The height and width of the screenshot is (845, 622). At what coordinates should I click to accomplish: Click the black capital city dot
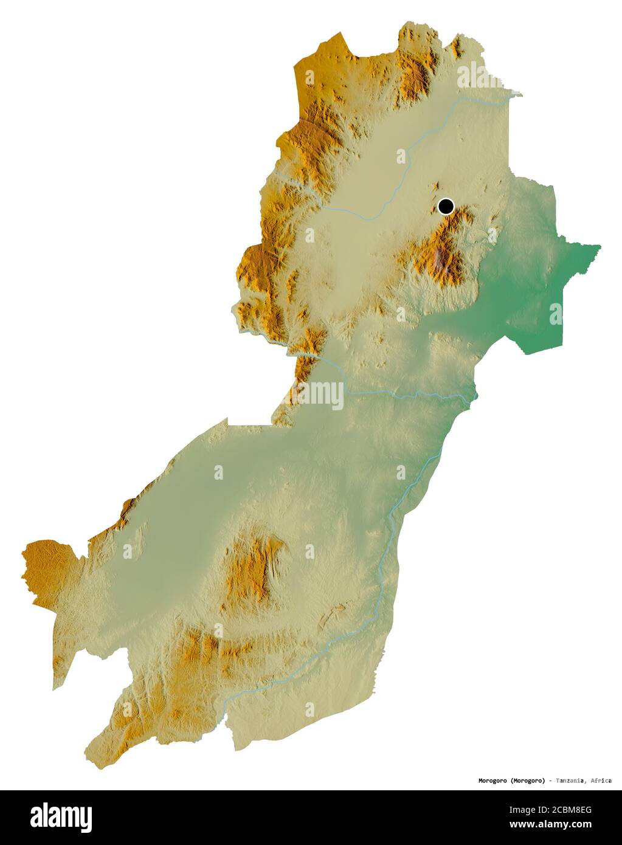446,207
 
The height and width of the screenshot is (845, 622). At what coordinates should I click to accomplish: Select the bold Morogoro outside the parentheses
493,781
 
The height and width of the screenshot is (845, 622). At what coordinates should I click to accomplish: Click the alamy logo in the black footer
61,817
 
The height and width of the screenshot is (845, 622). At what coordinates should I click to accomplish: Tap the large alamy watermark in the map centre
311,393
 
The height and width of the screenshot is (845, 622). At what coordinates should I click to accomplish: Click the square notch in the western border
249,421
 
